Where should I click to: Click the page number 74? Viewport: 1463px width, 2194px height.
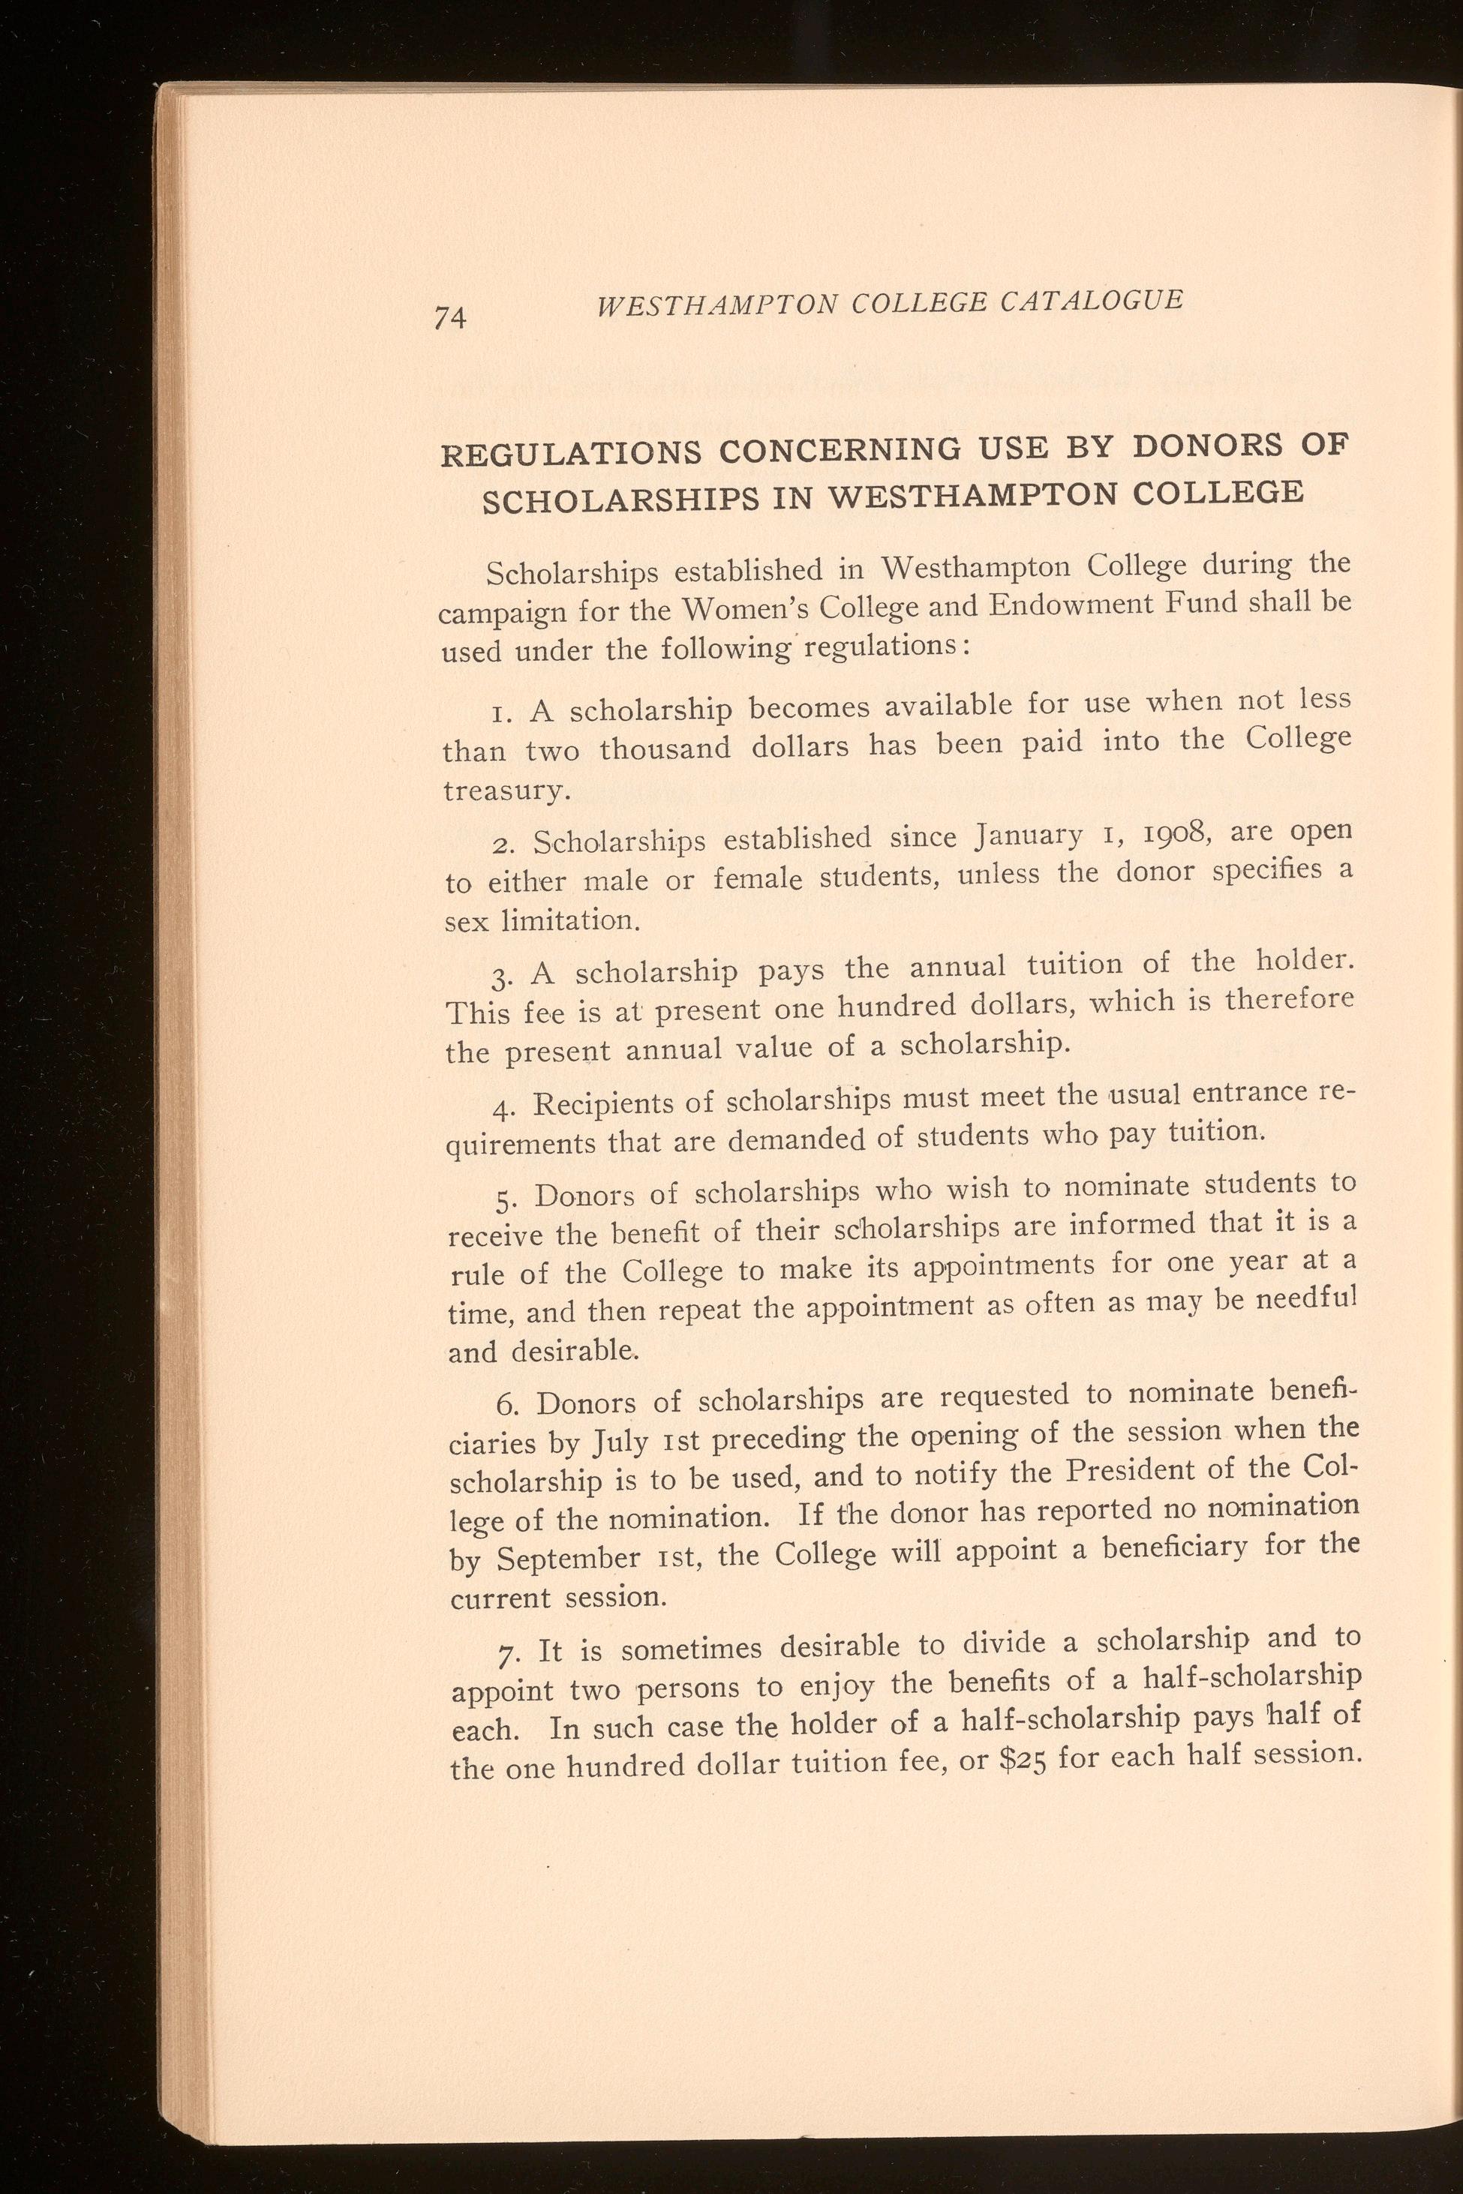click(x=449, y=317)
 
